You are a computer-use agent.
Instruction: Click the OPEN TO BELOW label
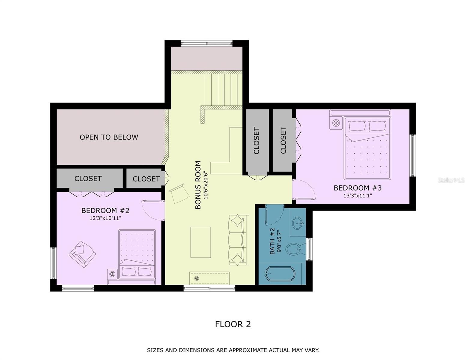[x=109, y=137]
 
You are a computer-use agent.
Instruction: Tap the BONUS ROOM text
[x=198, y=185]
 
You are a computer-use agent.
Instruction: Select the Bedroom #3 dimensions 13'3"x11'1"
[x=358, y=195]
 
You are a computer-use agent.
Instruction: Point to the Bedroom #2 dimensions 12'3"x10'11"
[x=105, y=218]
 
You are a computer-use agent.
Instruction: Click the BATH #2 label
[x=272, y=241]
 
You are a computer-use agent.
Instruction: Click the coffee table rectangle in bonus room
[x=201, y=242]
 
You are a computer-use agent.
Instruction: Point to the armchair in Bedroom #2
[x=82, y=254]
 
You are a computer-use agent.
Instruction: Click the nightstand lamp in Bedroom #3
[x=336, y=123]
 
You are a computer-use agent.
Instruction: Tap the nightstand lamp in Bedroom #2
[x=112, y=274]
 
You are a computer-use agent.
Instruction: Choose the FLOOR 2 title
[x=233, y=324]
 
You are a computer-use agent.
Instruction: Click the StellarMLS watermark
[x=451, y=180]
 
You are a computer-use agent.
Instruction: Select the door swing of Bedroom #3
[x=304, y=190]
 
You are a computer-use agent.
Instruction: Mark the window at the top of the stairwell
[x=207, y=43]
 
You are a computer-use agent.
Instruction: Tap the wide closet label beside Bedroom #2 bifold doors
[x=88, y=178]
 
